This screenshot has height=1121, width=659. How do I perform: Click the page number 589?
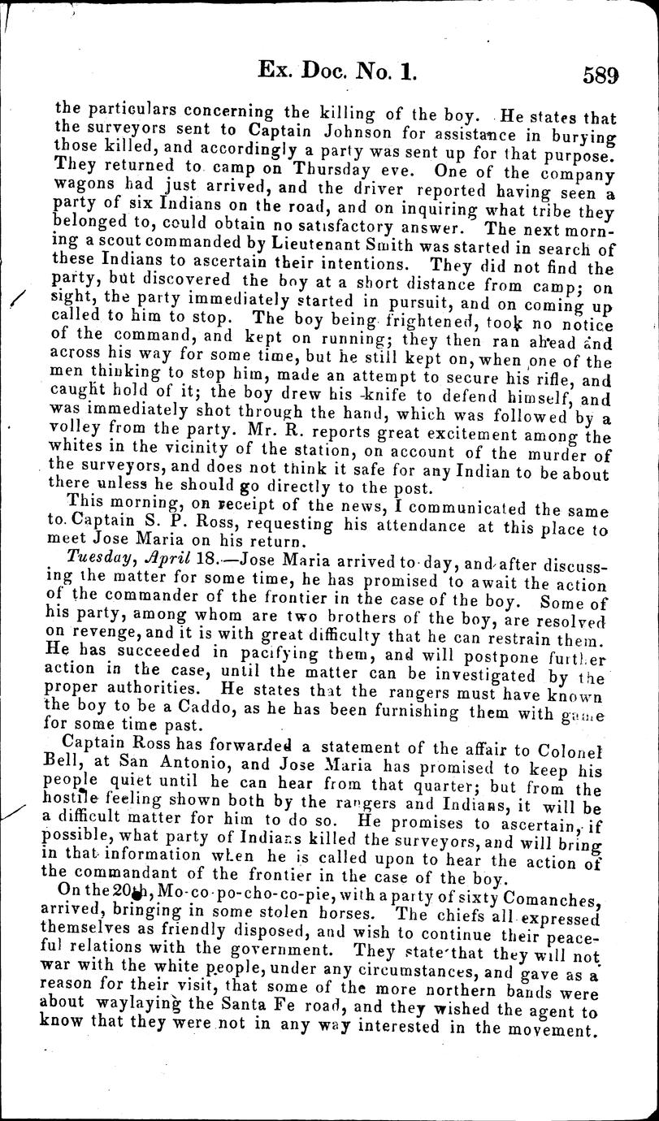coord(600,75)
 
